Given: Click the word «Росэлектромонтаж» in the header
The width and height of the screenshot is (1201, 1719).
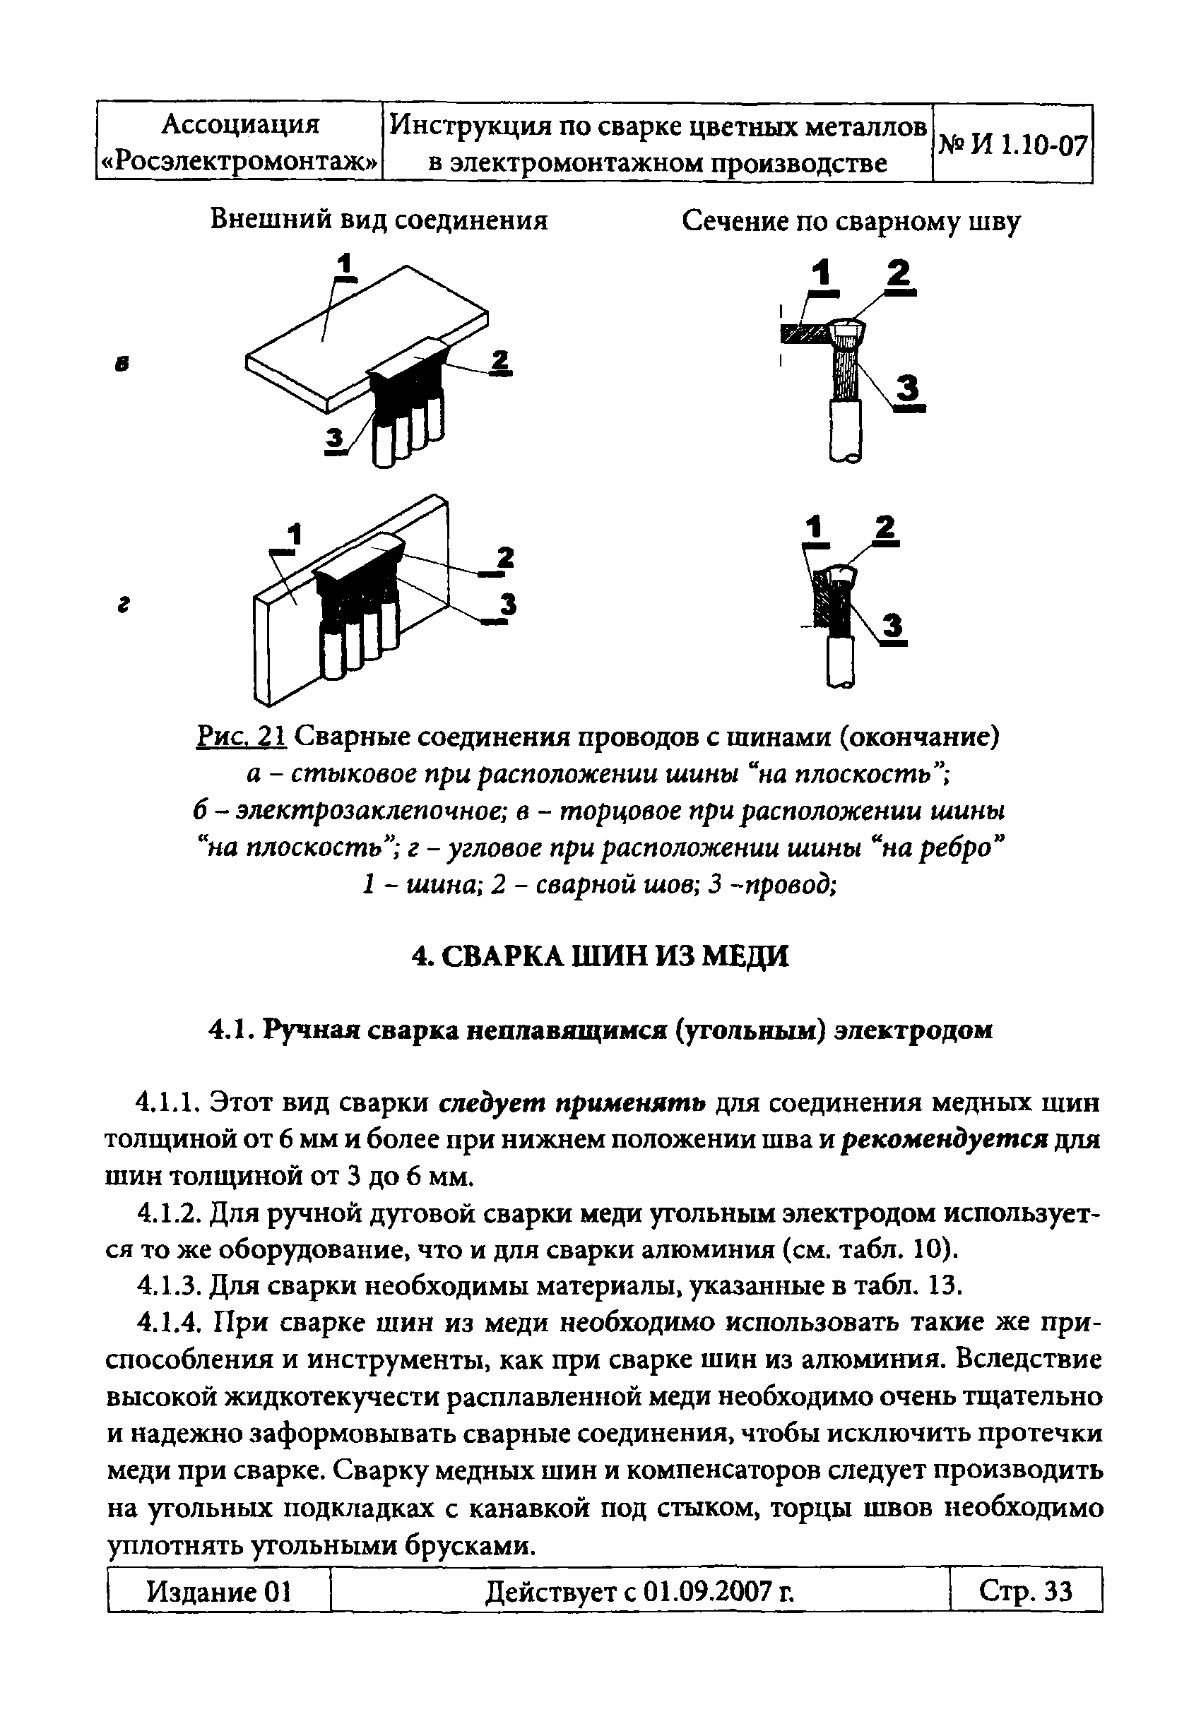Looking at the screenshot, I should (239, 162).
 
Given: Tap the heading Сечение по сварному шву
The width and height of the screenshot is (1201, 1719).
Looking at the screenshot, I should (851, 222).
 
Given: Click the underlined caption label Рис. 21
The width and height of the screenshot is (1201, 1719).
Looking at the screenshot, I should (241, 737).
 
